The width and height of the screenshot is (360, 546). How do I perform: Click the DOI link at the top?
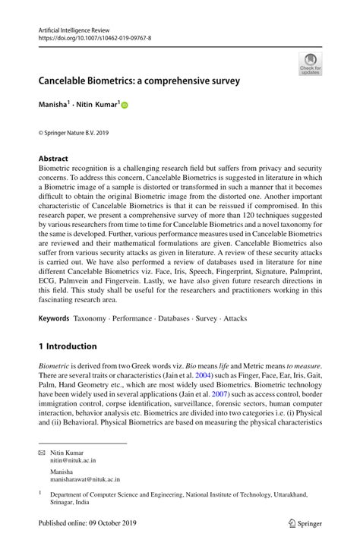(94, 37)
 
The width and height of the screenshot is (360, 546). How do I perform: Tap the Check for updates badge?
(310, 64)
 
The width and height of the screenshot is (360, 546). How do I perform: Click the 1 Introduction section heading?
(68, 346)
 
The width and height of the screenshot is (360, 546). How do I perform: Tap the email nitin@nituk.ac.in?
(74, 460)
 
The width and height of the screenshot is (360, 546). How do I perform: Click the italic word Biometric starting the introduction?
(56, 365)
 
